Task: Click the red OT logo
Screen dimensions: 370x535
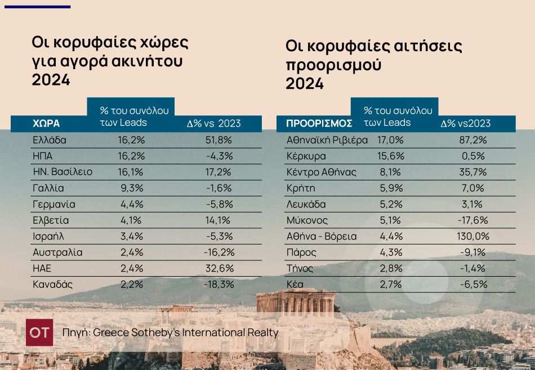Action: pos(39,332)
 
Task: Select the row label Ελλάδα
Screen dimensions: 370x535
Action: pos(50,140)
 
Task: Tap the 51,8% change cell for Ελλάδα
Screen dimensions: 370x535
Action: pos(219,140)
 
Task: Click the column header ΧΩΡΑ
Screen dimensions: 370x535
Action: pos(46,124)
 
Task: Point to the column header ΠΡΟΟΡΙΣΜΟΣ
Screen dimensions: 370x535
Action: pos(319,124)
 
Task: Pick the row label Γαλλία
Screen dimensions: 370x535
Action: pos(48,188)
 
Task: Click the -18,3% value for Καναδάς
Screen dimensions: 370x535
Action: pos(219,285)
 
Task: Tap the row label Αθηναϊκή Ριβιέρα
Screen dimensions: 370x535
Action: pos(327,140)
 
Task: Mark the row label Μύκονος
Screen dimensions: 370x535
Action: pos(307,220)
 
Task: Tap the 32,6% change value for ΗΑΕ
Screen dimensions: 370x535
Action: pos(219,268)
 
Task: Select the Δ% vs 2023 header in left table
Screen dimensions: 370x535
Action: pos(213,124)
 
